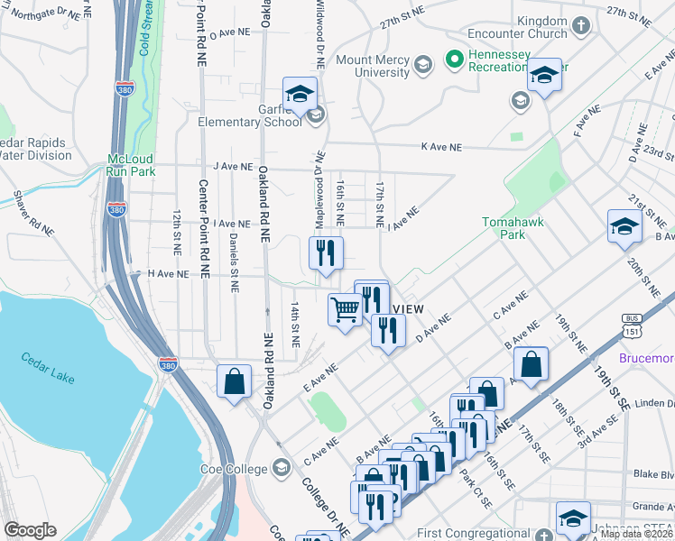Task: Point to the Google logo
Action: tap(30, 530)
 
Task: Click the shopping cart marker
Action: tap(345, 311)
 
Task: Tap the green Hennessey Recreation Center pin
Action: tap(455, 61)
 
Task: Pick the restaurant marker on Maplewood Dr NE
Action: tap(327, 252)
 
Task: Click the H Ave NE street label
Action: tap(168, 273)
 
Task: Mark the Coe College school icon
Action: tap(281, 468)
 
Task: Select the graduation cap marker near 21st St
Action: tap(624, 226)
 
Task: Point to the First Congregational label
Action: tap(481, 534)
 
